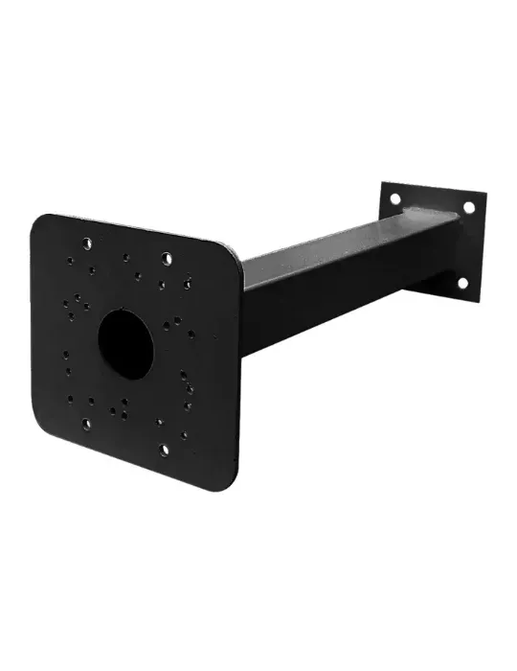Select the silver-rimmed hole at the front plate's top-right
167,258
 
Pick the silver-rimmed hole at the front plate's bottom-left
87,422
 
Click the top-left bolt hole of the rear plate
393,199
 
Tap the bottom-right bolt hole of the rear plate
461,283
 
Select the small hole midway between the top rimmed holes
125,257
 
